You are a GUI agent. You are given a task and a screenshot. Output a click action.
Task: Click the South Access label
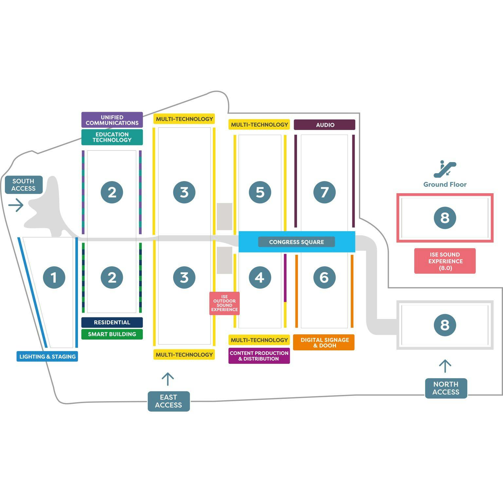(x=24, y=185)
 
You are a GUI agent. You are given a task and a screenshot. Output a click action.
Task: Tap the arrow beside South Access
(x=16, y=205)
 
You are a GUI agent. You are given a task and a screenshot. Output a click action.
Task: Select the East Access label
(x=169, y=401)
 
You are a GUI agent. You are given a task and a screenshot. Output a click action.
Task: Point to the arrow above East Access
(x=168, y=379)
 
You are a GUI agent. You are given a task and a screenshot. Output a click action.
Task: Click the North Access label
(x=446, y=388)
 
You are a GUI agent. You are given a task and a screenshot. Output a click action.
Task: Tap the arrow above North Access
(x=445, y=366)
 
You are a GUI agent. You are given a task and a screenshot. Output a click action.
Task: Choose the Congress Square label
(x=296, y=242)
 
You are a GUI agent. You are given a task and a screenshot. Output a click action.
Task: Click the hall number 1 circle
(x=54, y=277)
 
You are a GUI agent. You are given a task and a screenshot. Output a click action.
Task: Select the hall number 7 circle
(x=324, y=192)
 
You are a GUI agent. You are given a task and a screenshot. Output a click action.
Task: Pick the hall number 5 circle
(x=260, y=192)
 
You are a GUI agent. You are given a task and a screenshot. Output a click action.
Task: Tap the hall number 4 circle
(x=260, y=277)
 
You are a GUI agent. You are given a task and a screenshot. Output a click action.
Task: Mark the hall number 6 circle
(x=324, y=277)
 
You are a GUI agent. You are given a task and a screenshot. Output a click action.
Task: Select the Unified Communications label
(x=112, y=120)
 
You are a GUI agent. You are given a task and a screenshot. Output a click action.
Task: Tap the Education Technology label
(x=112, y=137)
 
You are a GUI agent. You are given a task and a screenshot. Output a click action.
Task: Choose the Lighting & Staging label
(x=47, y=356)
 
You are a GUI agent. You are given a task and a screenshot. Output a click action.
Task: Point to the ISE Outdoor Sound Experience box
(x=224, y=303)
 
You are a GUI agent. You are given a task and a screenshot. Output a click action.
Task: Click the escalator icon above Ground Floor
(x=445, y=169)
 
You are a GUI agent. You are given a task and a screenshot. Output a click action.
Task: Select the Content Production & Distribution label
(x=259, y=356)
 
